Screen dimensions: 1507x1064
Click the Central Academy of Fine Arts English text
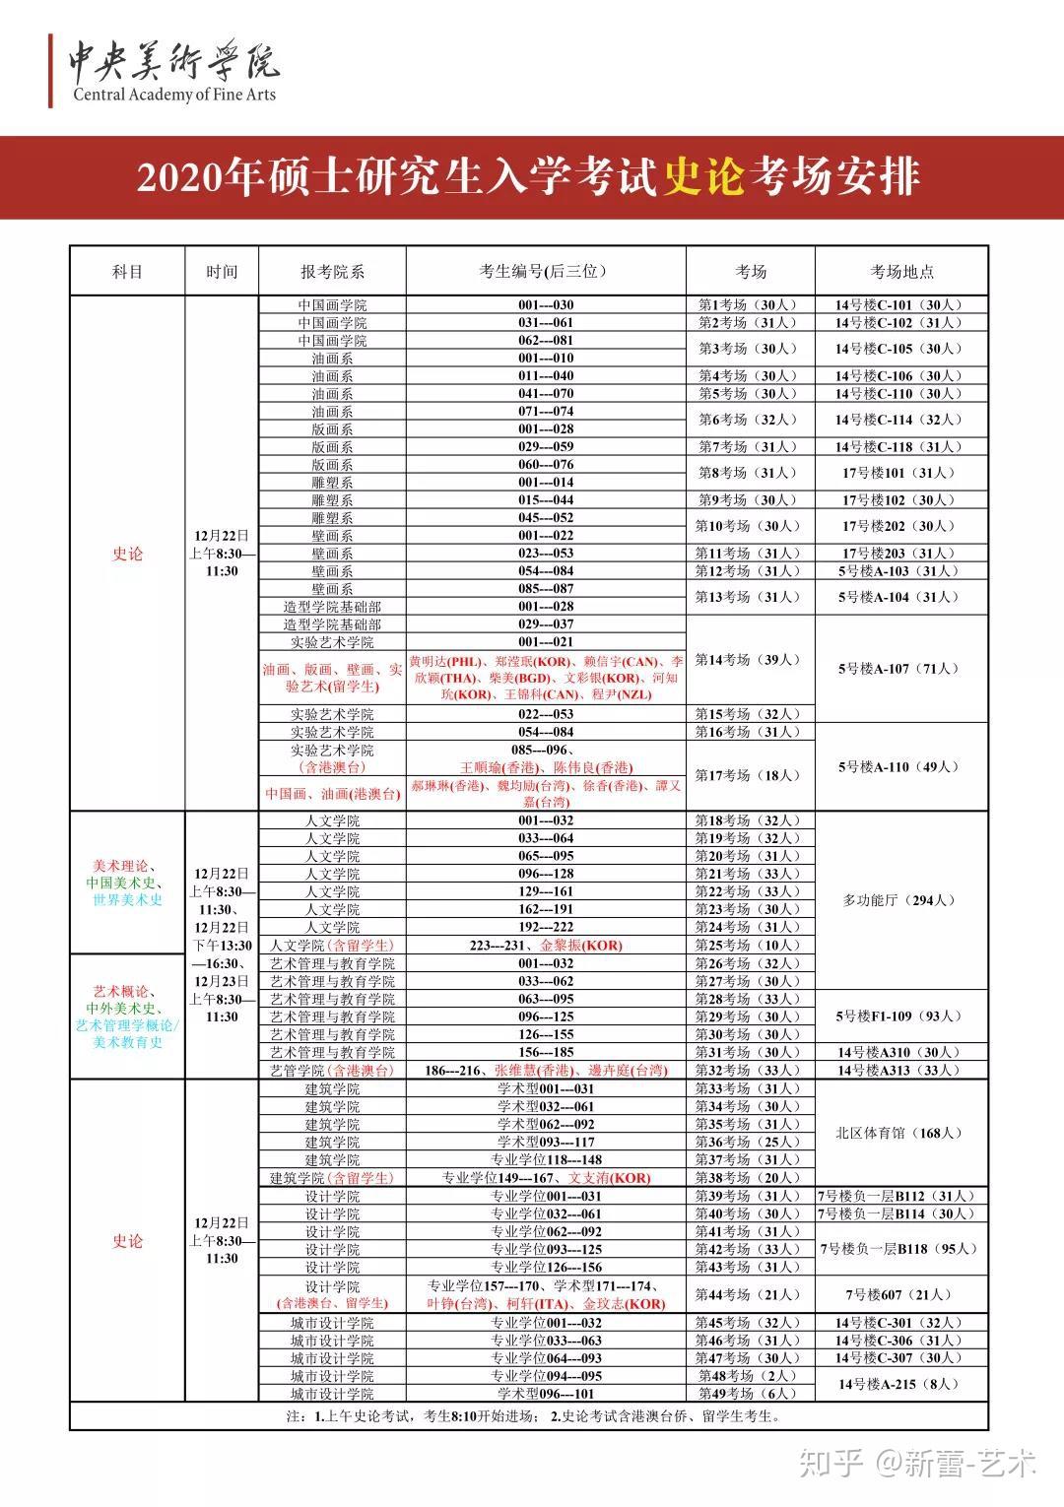tap(174, 95)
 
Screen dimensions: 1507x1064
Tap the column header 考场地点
tap(901, 272)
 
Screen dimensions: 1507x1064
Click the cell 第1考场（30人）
tap(750, 305)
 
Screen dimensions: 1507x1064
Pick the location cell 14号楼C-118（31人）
tap(900, 447)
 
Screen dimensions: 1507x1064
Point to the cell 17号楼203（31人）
tap(900, 554)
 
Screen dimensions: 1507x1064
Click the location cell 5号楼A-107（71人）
tap(900, 669)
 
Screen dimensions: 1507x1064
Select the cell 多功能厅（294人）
tap(900, 900)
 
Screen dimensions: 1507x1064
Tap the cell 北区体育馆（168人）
tap(900, 1133)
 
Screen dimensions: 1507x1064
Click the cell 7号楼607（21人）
tap(900, 1294)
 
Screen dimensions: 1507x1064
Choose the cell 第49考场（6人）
tap(750, 1394)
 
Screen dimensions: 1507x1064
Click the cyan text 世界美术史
tap(127, 900)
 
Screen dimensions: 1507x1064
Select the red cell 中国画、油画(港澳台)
tap(332, 794)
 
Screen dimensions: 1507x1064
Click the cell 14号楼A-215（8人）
tap(900, 1384)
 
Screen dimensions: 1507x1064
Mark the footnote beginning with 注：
tap(532, 1417)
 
